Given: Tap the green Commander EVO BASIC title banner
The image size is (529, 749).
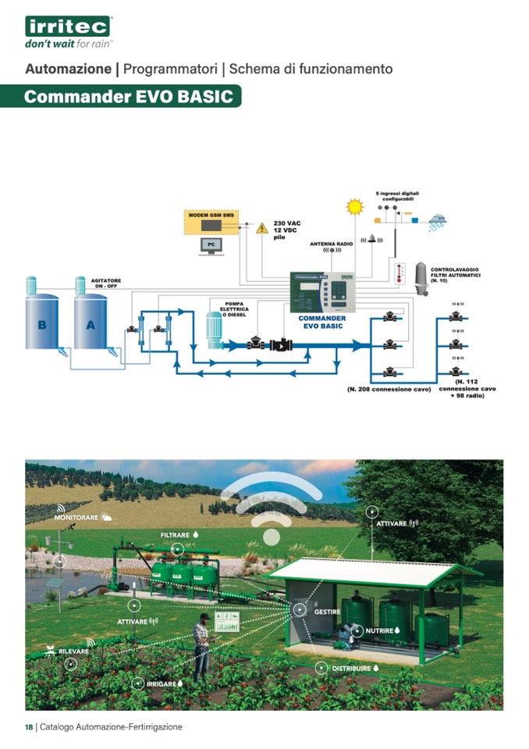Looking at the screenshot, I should [128, 97].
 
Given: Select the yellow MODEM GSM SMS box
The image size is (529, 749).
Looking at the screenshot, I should [211, 223].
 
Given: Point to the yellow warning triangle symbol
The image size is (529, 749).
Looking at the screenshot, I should [262, 228].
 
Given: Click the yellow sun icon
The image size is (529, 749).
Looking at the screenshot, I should [355, 207].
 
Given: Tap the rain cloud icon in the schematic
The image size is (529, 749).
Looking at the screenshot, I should [437, 221].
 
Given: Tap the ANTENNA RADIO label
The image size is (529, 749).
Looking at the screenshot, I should [332, 244].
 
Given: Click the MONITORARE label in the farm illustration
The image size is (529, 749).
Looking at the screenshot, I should [76, 517].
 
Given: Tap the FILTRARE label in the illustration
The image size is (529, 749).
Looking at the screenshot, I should [176, 535].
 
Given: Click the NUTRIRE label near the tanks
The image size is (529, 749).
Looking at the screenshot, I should [379, 630].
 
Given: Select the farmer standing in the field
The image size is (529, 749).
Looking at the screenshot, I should [202, 644].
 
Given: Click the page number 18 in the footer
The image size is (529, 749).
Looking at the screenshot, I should [29, 726].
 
